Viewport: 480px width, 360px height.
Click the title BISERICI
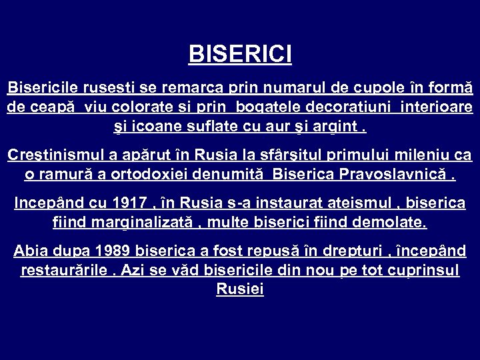[240, 54]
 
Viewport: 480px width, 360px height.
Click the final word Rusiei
[240, 289]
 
